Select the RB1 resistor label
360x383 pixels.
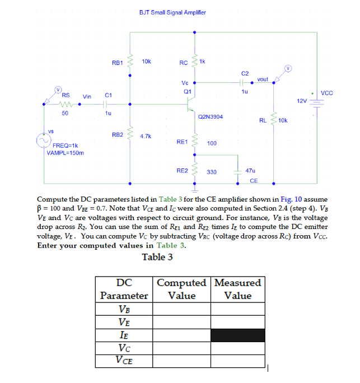pos(118,63)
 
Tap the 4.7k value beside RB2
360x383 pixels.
pos(146,136)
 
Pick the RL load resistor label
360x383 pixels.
pos(263,120)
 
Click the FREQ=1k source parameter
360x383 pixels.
pos(65,146)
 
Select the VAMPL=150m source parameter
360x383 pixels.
pos(66,152)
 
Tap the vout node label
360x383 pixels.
pos(263,80)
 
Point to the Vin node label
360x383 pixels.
pos(87,97)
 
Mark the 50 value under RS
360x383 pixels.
pos(65,113)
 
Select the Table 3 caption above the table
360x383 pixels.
pos(154,257)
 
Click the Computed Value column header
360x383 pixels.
pos(182,289)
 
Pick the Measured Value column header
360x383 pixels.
pos(237,289)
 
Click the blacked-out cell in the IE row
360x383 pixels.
pos(237,335)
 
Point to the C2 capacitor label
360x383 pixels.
pos(245,73)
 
